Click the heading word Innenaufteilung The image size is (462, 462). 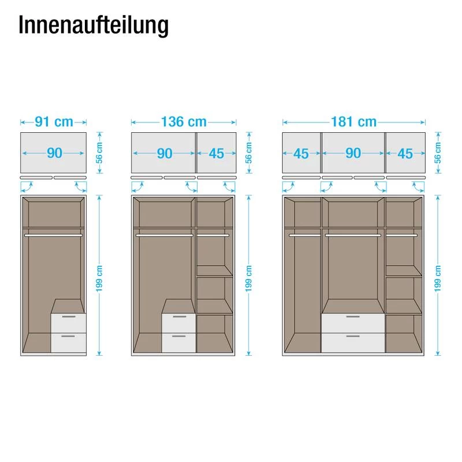(x=94, y=25)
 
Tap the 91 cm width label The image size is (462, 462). (x=54, y=122)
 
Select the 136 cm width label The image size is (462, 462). (x=184, y=122)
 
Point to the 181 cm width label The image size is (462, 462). (x=353, y=122)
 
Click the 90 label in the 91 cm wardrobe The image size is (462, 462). (x=54, y=153)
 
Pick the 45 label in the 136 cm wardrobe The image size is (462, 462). (x=217, y=153)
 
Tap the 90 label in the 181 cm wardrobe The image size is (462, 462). (x=353, y=153)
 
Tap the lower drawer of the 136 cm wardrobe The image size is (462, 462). (x=178, y=342)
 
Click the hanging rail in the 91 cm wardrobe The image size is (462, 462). (x=53, y=235)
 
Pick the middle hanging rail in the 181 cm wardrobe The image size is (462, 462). (x=353, y=235)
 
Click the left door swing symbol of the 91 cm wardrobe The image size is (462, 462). (x=27, y=186)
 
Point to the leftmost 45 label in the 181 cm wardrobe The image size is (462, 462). (x=301, y=153)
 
